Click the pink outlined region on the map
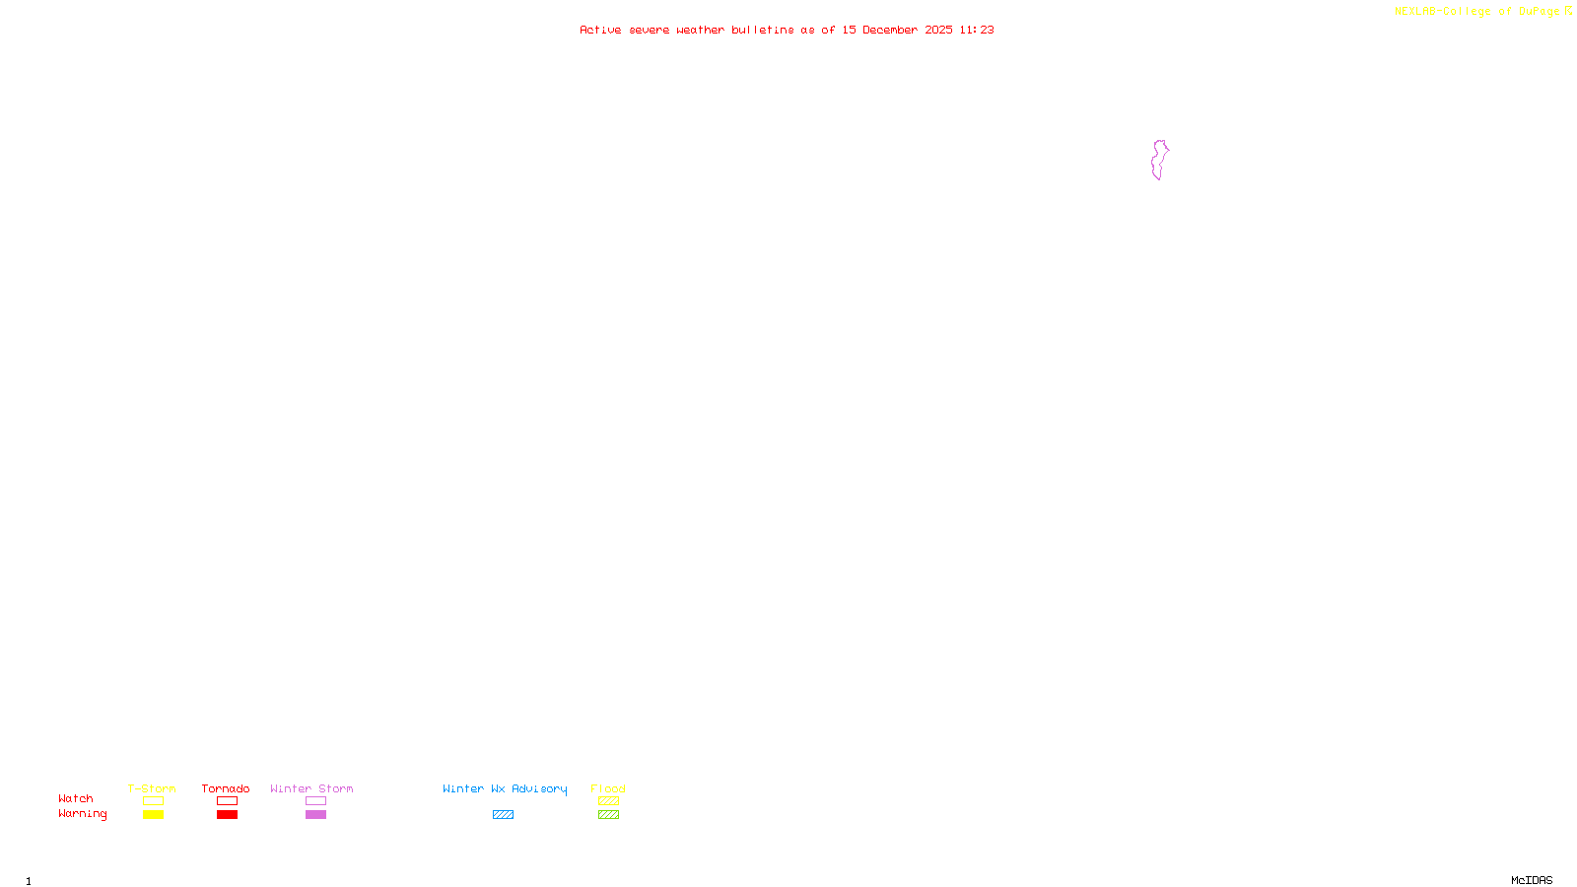click(1159, 160)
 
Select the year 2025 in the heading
click(938, 30)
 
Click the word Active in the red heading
click(600, 30)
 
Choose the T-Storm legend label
click(152, 788)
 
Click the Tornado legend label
click(226, 788)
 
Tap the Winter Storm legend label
click(311, 788)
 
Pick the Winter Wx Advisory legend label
click(505, 788)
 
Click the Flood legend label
click(608, 788)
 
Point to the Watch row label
click(76, 798)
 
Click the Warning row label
click(82, 814)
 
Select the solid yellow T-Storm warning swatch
click(153, 815)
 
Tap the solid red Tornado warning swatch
click(227, 815)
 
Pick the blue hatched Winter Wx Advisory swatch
click(503, 815)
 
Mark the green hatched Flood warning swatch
click(608, 815)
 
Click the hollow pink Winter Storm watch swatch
click(315, 801)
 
